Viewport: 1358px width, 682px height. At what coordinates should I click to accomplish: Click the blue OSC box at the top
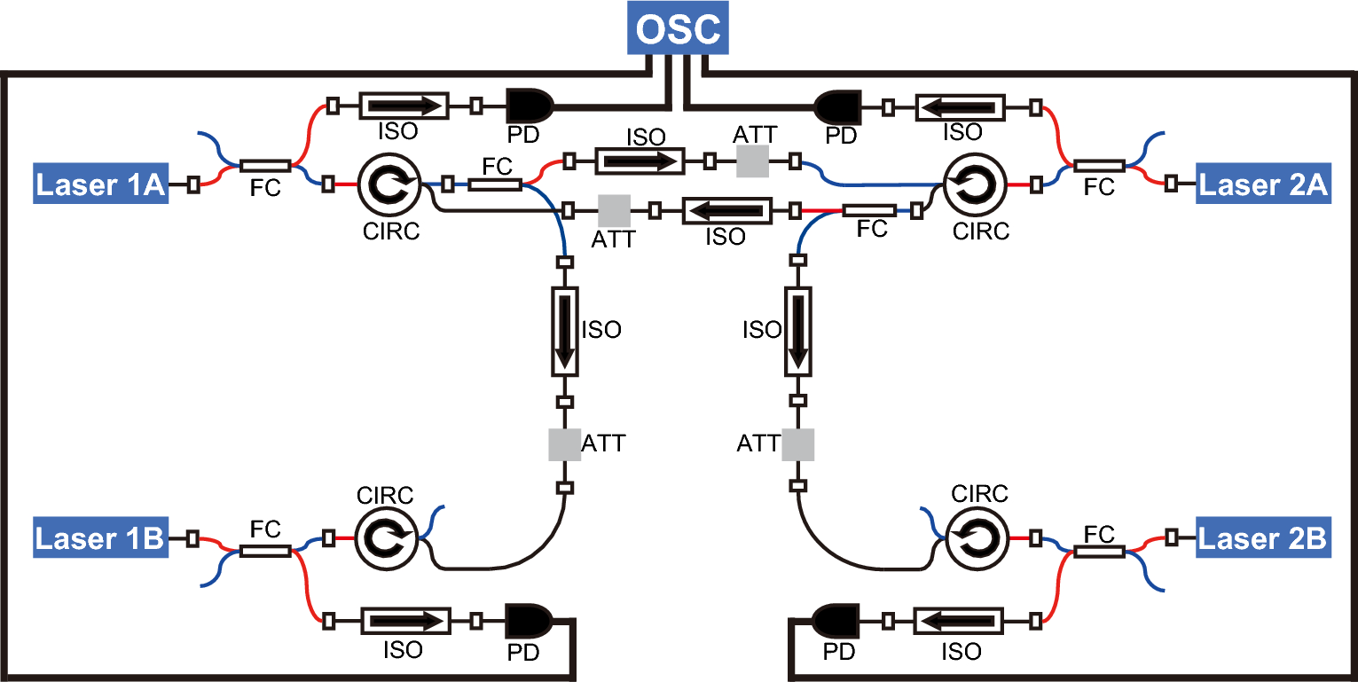679,29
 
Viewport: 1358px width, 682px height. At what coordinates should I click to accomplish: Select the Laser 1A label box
101,184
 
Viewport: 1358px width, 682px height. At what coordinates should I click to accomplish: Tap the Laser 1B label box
101,538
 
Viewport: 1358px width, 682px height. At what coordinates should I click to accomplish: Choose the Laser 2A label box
1263,184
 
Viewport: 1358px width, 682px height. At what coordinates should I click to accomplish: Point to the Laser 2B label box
1262,538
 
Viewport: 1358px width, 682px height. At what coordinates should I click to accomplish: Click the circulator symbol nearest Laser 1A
387,184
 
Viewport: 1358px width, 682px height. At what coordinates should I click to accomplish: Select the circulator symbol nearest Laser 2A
974,186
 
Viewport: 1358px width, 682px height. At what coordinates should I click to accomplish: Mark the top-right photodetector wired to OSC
837,106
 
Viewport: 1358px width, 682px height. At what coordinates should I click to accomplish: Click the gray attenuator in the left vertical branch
564,443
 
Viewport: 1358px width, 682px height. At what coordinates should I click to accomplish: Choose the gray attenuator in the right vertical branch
797,443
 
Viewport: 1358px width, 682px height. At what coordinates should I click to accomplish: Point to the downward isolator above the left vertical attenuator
564,331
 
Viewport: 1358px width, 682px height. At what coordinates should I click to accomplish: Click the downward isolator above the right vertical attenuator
797,331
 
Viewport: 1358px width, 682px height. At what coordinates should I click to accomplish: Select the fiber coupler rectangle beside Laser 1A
264,166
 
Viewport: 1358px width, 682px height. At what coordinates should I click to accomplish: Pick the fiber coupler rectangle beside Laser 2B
1099,551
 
